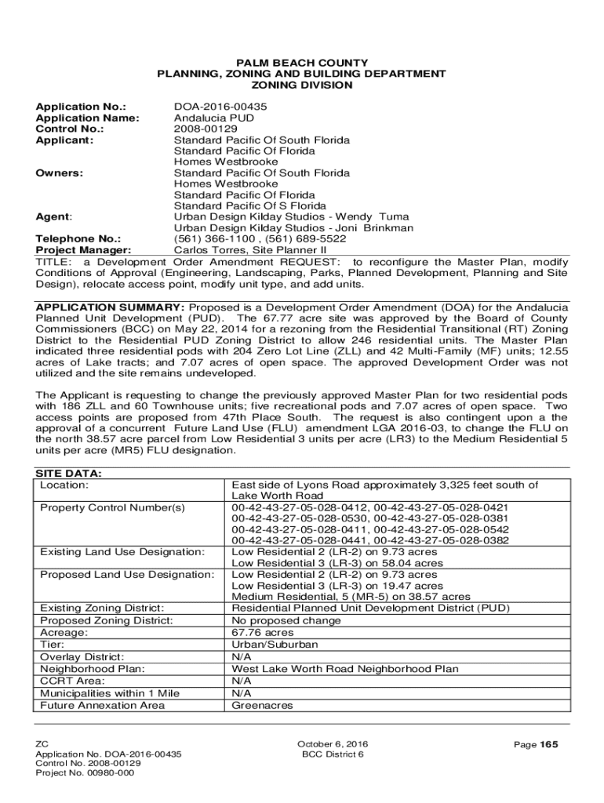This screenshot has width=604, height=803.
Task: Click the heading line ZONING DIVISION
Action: tap(301, 85)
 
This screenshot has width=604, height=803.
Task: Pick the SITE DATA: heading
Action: tap(69, 474)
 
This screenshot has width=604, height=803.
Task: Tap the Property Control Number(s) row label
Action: tap(112, 507)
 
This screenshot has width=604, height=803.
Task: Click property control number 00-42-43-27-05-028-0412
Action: tap(300, 507)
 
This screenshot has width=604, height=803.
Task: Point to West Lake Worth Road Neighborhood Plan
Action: tap(345, 669)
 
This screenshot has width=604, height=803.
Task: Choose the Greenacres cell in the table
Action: tap(262, 705)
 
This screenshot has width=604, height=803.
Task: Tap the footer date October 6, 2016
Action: tap(333, 744)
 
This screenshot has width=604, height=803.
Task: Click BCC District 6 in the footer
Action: tap(333, 754)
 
